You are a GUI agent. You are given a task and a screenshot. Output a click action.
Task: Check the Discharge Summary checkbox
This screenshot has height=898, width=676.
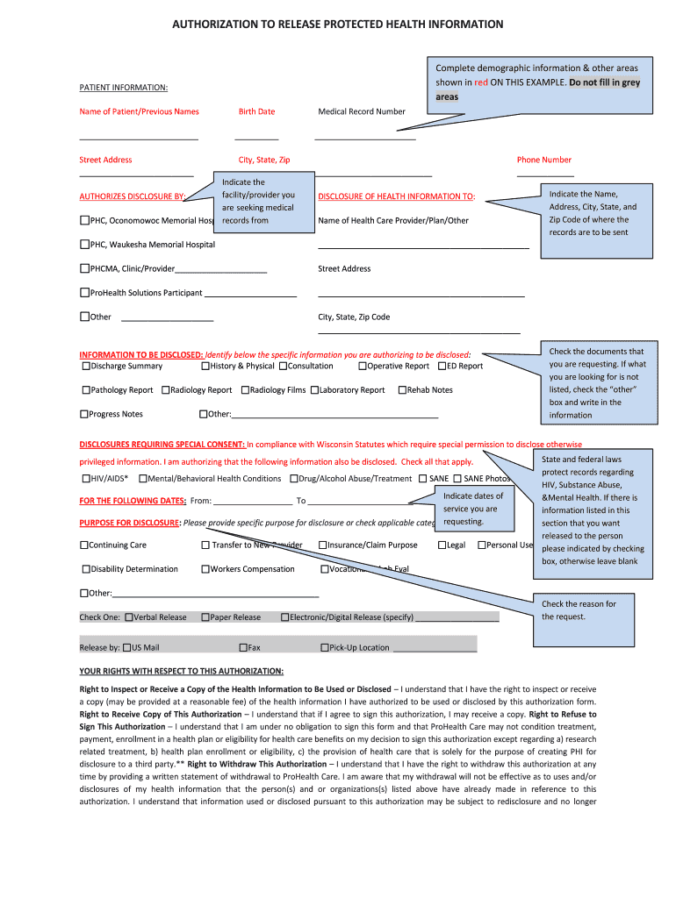tap(86, 367)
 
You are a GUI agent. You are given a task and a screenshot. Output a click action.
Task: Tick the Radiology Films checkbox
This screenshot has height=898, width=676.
tap(245, 390)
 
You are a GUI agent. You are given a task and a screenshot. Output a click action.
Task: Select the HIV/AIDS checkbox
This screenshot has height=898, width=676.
tap(86, 479)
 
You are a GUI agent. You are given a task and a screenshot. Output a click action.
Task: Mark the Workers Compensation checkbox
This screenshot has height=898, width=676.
tap(205, 569)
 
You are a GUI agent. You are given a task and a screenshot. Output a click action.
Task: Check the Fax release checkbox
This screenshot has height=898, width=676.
tap(243, 648)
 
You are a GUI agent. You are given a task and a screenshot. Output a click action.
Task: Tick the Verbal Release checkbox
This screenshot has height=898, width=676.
tap(129, 617)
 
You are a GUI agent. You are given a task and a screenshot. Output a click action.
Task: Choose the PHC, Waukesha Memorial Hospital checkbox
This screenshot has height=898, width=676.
tap(85, 245)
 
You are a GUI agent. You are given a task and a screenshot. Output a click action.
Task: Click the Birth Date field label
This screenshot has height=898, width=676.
tap(256, 111)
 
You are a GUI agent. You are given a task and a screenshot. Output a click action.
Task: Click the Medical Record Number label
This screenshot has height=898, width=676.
tap(362, 111)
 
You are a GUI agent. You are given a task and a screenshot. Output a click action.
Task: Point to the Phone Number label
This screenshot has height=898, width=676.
tap(544, 160)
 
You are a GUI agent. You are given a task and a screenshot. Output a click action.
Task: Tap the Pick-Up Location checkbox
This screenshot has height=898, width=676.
tap(324, 648)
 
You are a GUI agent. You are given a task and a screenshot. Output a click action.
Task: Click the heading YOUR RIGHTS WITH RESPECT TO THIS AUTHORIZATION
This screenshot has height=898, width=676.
tap(182, 672)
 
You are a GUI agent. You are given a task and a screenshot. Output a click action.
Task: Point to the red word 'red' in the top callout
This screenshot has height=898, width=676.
tap(481, 82)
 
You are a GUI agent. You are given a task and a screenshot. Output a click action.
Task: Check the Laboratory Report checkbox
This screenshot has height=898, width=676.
tap(314, 390)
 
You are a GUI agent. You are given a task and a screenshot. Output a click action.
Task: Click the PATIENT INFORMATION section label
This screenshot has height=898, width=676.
tap(124, 88)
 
